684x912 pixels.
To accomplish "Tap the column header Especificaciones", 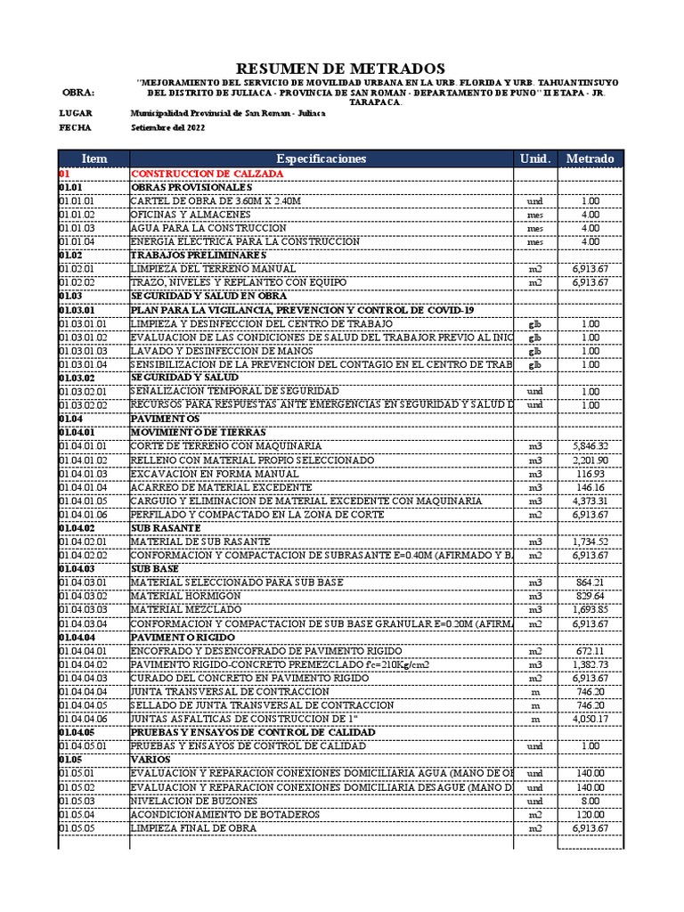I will point(321,159).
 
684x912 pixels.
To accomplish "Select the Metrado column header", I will point(590,159).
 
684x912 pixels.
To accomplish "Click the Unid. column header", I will point(534,159).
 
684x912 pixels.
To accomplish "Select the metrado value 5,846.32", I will point(590,445).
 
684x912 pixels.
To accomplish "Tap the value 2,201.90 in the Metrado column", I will point(590,460).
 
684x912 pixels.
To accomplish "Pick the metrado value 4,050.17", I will point(590,719).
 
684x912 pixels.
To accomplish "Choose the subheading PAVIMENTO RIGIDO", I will point(183,638).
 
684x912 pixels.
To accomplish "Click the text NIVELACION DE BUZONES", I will point(188,801).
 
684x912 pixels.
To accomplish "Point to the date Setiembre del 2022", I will point(167,127).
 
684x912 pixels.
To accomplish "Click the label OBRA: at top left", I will point(77,94).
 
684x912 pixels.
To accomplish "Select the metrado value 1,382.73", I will point(590,664).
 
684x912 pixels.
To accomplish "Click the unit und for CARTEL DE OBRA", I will point(534,202).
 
